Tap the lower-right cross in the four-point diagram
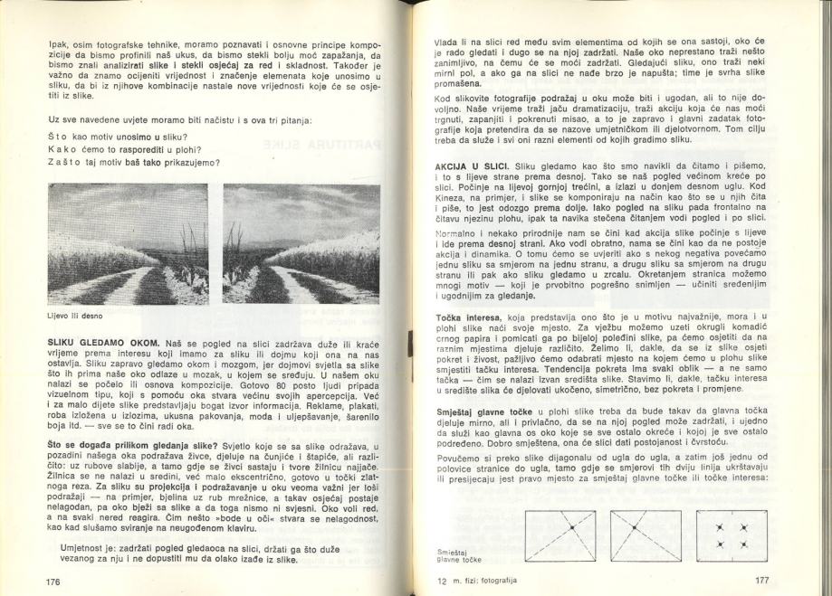pyautogui.click(x=743, y=544)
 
